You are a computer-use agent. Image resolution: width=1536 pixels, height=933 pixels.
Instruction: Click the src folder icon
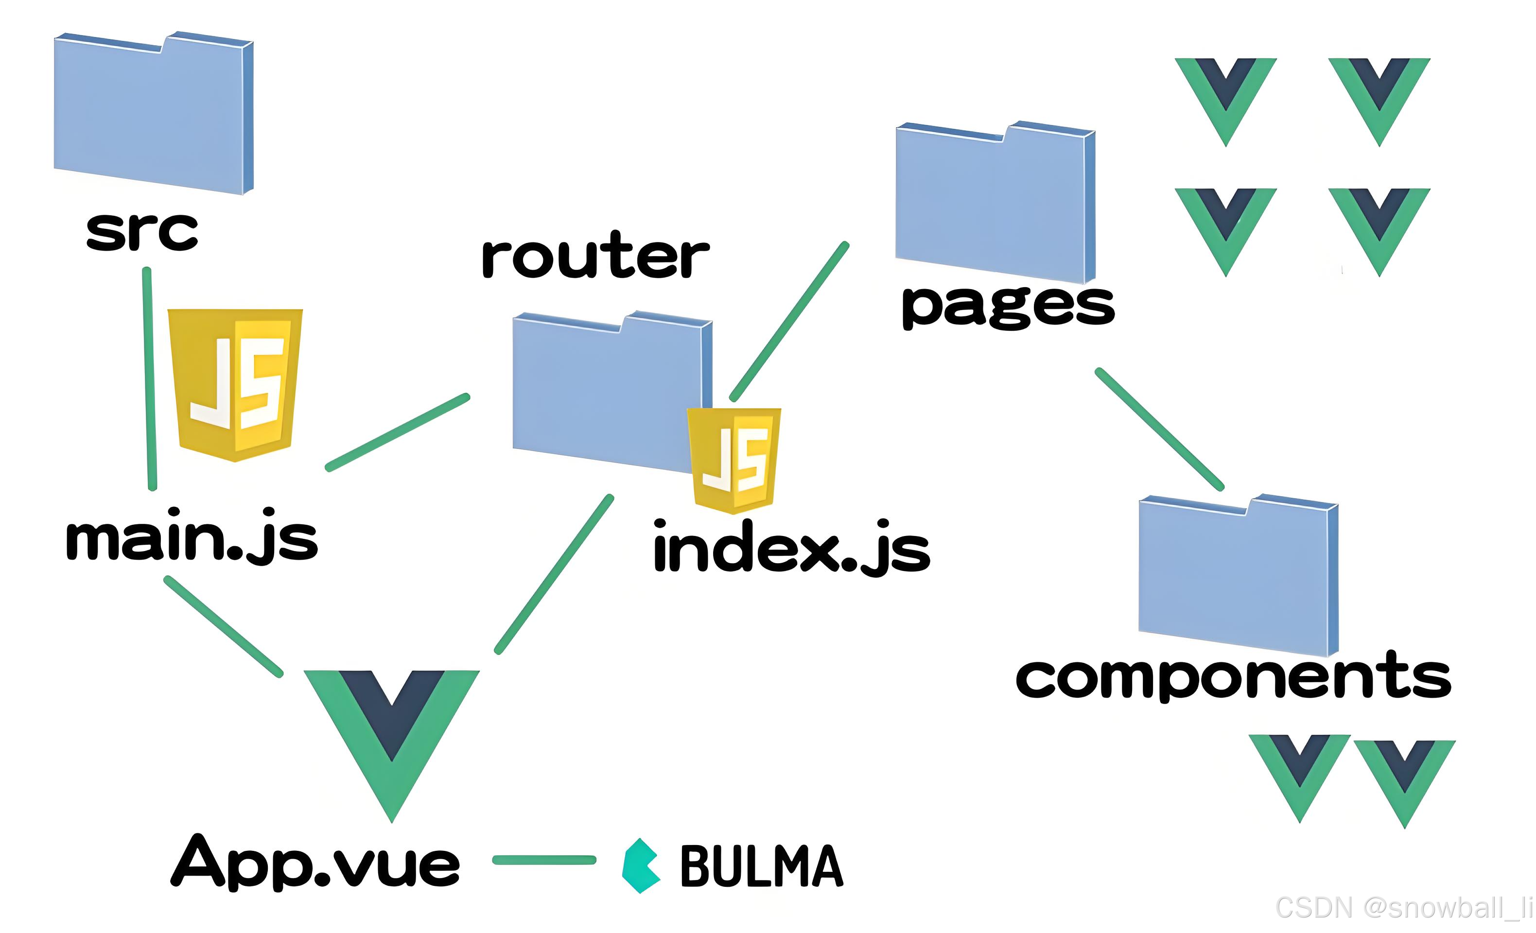click(153, 112)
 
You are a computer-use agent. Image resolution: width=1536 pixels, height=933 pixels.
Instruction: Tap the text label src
click(142, 231)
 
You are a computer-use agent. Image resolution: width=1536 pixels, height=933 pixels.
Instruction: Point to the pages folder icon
click(995, 203)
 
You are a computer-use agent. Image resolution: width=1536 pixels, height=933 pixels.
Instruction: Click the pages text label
click(1008, 305)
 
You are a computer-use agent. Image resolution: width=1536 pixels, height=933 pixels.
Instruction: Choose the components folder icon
click(1238, 576)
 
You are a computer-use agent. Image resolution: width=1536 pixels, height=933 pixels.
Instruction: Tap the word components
click(1233, 677)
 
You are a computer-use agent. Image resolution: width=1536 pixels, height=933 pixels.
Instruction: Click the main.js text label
click(192, 537)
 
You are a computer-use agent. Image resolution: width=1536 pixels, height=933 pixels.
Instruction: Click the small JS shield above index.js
click(733, 460)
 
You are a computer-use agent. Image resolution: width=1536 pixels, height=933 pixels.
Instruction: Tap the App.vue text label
click(315, 862)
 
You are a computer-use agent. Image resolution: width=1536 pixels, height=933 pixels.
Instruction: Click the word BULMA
click(762, 866)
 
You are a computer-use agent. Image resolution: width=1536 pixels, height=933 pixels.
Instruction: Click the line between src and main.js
click(150, 379)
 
